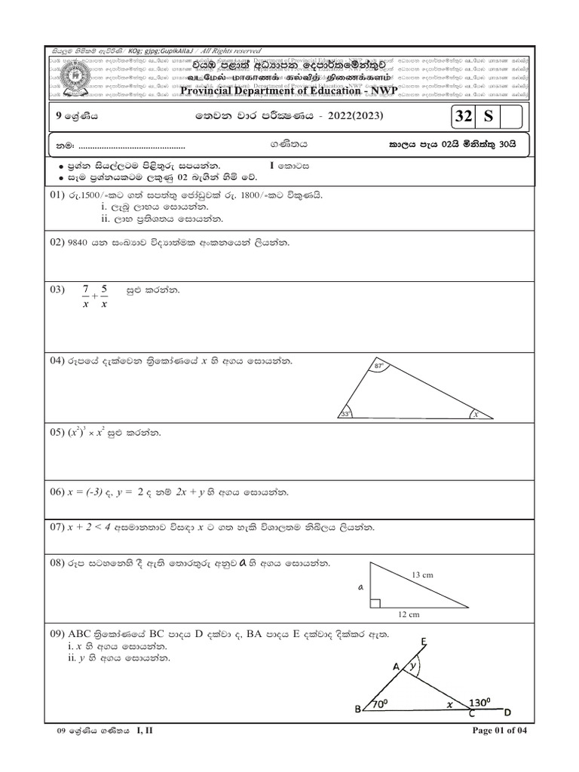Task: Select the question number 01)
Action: pyautogui.click(x=60, y=195)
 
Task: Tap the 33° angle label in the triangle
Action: pyautogui.click(x=347, y=413)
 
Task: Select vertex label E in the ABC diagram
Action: pyautogui.click(x=424, y=642)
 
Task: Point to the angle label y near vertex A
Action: pyautogui.click(x=412, y=666)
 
